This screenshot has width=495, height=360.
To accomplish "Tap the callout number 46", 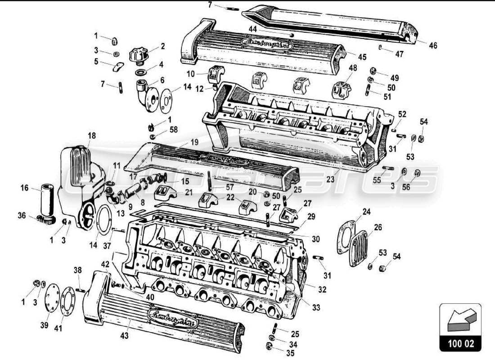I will coord(432,45).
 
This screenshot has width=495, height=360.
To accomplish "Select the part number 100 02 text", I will coord(460,343).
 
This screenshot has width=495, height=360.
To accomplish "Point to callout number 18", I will coord(92,135).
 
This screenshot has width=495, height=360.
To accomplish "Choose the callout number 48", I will coord(352,67).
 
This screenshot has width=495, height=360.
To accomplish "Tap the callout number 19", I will coord(194,141).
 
